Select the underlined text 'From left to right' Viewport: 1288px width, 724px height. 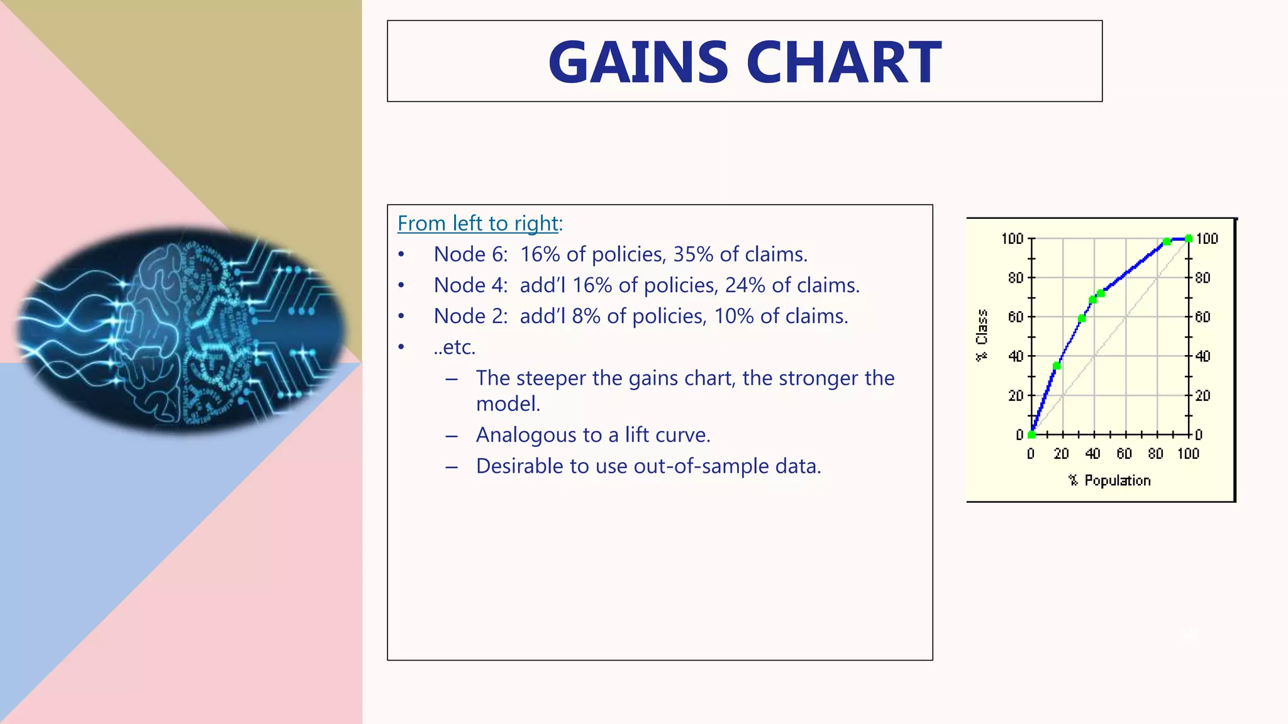pyautogui.click(x=478, y=224)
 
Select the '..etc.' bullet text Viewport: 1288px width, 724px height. pyautogui.click(x=454, y=347)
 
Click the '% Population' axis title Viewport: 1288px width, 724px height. pyautogui.click(x=1109, y=481)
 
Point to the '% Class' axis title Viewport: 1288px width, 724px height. pyautogui.click(x=982, y=336)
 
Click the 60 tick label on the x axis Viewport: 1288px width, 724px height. pyautogui.click(x=1124, y=454)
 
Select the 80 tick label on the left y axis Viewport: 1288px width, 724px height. pyautogui.click(x=1016, y=278)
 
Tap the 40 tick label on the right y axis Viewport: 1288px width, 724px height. pyautogui.click(x=1202, y=356)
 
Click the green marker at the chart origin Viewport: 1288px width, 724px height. pyautogui.click(x=1031, y=434)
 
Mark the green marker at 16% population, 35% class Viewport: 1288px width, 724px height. pyautogui.click(x=1057, y=366)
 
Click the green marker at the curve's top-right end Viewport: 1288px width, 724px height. pyautogui.click(x=1188, y=239)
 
